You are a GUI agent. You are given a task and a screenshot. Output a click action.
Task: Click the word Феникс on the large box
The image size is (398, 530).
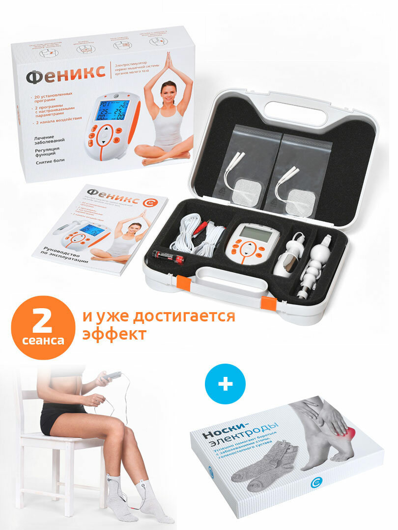point(65,76)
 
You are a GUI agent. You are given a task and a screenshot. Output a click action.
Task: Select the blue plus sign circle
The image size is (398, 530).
point(226,384)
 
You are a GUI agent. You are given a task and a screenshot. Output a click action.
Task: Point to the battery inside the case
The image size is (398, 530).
point(168,257)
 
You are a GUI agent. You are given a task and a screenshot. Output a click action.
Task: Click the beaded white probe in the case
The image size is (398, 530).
point(313,267)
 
